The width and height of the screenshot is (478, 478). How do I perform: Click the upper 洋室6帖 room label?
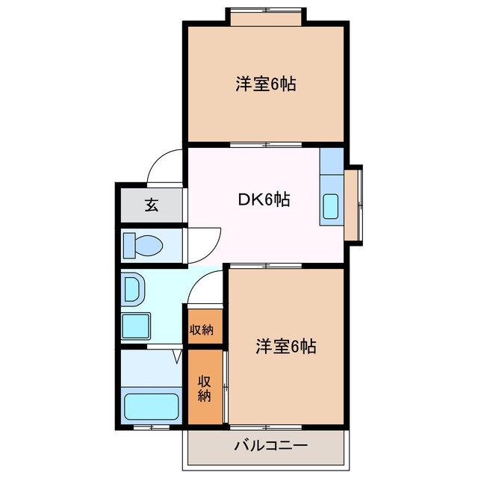(x=266, y=84)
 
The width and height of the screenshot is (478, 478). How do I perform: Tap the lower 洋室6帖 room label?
(x=286, y=347)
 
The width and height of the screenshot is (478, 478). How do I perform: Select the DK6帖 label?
(x=264, y=199)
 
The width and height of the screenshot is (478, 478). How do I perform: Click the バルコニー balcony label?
(x=265, y=446)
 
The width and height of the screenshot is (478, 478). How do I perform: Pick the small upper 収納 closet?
(x=204, y=329)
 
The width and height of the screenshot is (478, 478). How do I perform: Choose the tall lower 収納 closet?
(x=205, y=388)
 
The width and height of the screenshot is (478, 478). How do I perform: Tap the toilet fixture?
(x=144, y=244)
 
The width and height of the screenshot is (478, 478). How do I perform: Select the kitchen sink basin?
(x=331, y=205)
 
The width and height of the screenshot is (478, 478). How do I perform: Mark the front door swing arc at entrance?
(x=164, y=166)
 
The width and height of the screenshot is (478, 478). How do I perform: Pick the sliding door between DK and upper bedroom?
(x=266, y=144)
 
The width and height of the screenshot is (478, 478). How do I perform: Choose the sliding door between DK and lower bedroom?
(x=266, y=266)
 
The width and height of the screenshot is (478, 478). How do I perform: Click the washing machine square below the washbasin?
(x=137, y=326)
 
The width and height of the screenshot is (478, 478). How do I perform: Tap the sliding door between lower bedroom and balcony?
(x=266, y=427)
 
